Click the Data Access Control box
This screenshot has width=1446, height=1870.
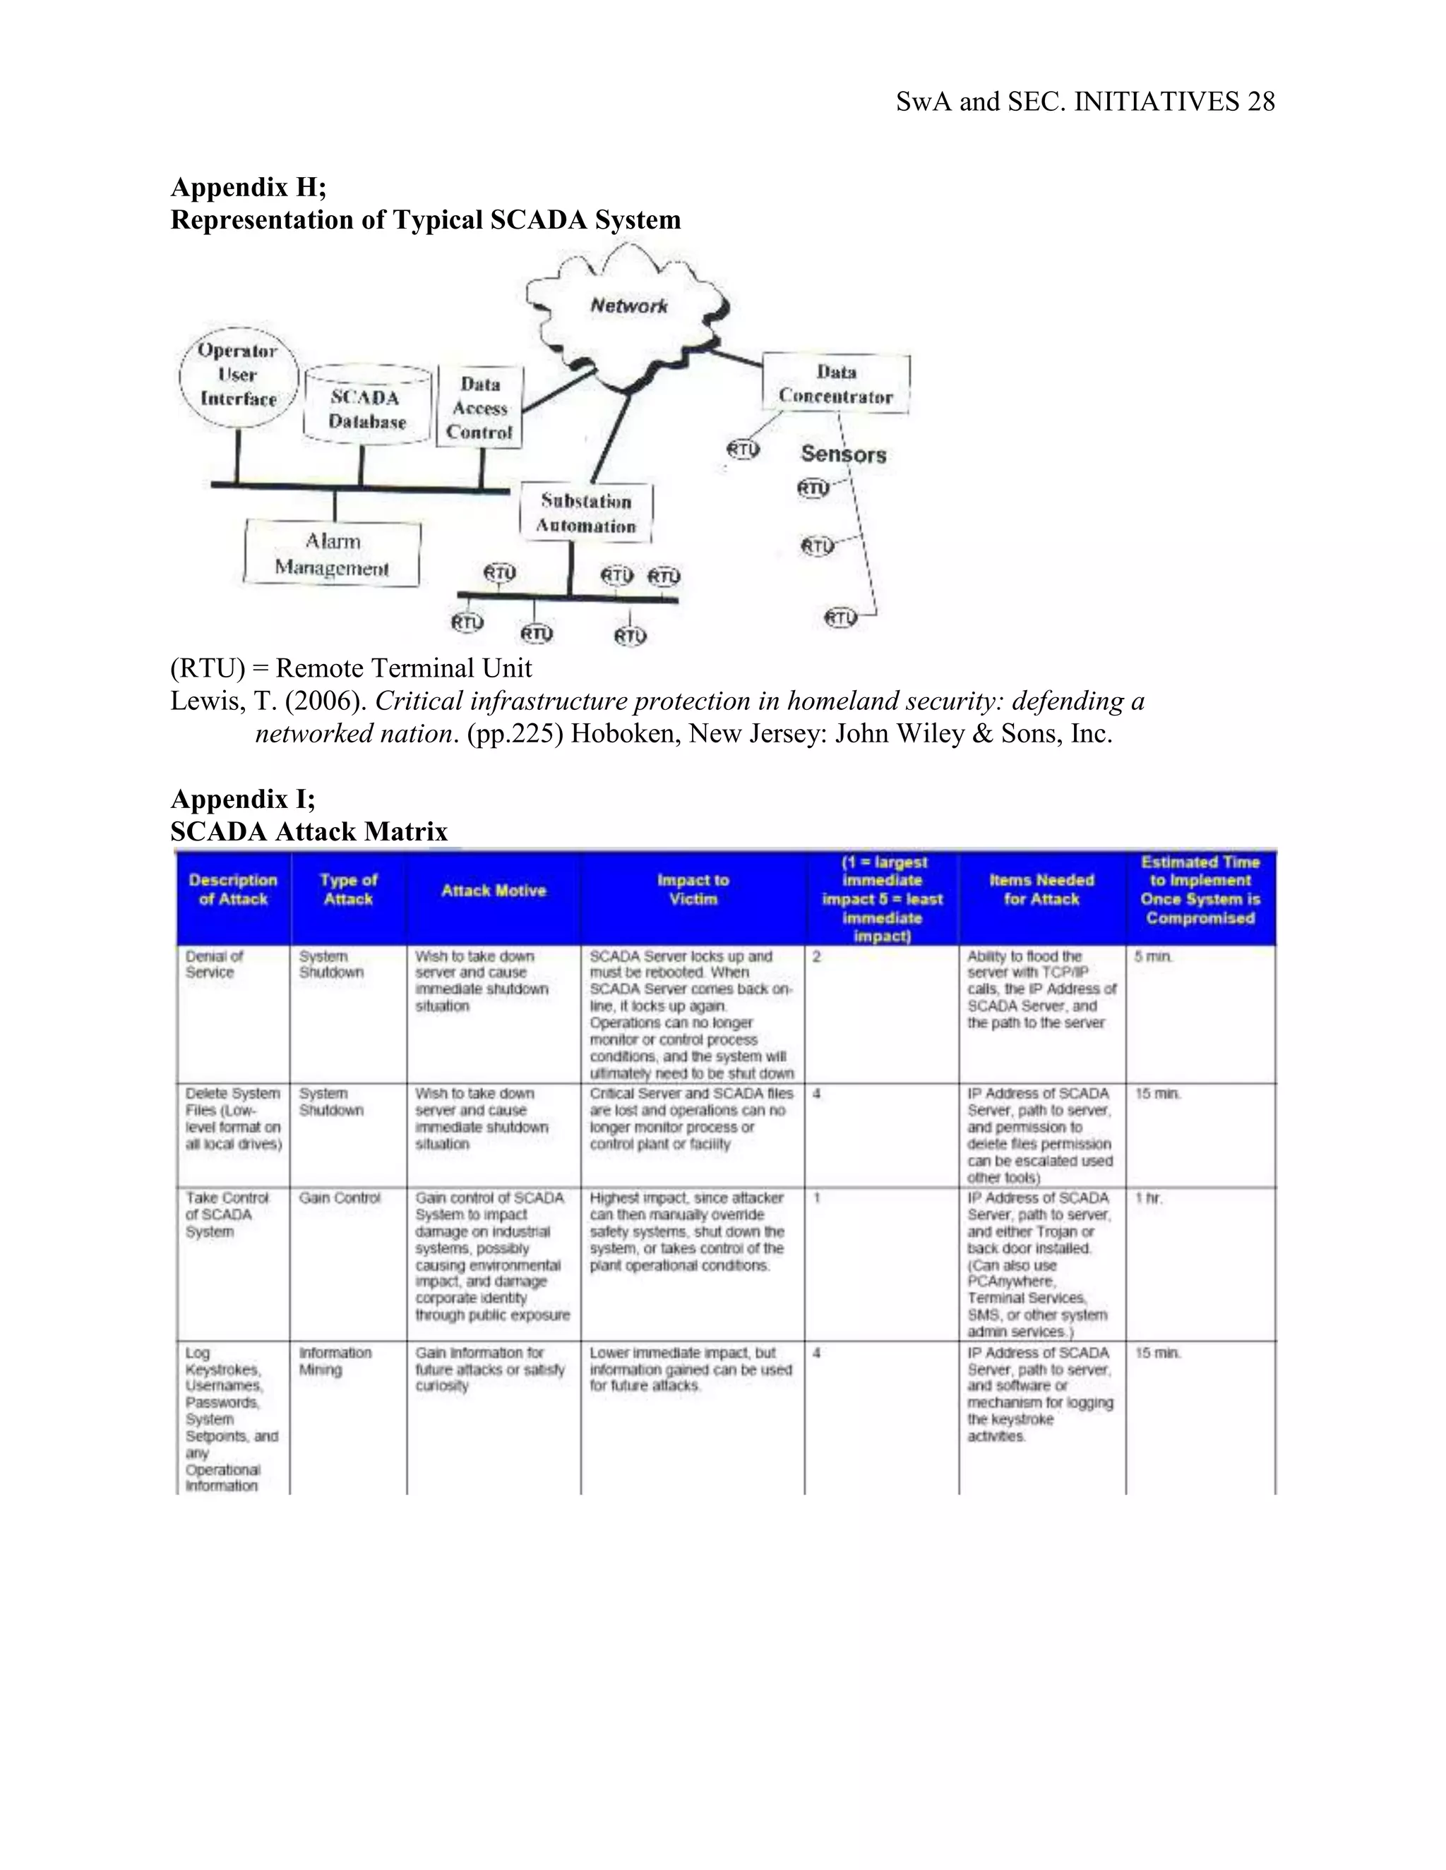(479, 409)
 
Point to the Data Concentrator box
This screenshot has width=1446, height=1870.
(835, 385)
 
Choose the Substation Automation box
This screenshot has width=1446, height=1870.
(586, 513)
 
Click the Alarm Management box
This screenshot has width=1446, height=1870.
(333, 554)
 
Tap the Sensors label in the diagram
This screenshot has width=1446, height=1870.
(843, 454)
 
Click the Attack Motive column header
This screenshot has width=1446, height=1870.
(494, 891)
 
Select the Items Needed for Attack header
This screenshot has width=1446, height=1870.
(1041, 890)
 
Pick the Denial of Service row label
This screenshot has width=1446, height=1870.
(214, 964)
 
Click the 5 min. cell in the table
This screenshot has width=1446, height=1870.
(1153, 956)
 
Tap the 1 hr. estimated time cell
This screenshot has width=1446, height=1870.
(1149, 1198)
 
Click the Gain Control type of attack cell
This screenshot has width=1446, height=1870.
(339, 1198)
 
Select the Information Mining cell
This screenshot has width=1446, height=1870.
(335, 1361)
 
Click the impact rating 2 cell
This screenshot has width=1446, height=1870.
(816, 956)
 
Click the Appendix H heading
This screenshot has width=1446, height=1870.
(249, 187)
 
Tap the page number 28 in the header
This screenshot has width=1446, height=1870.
(1261, 102)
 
